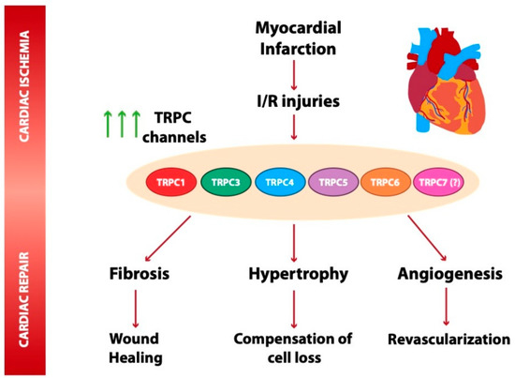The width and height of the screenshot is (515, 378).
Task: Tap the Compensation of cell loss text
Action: (x=293, y=347)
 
